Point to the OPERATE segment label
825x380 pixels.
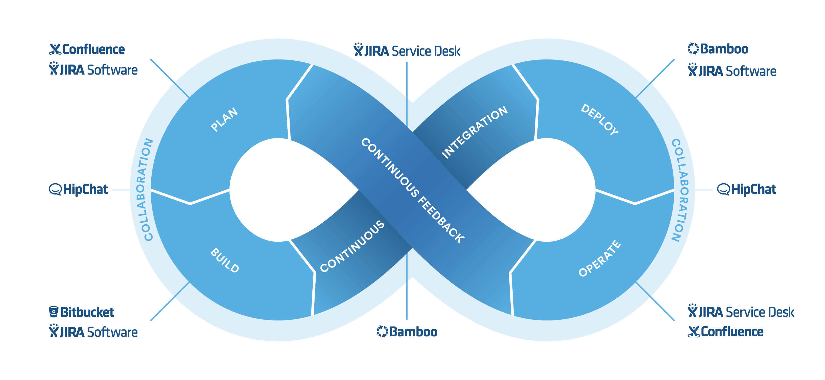tap(599, 258)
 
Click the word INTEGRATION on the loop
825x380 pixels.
tap(475, 132)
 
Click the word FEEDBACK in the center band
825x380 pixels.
tap(441, 220)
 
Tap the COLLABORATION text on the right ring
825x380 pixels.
tap(680, 190)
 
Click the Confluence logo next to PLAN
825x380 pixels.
tap(87, 49)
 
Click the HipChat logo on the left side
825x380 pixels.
tap(79, 189)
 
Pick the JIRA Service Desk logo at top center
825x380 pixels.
tap(407, 51)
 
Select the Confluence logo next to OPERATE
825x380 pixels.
tap(725, 332)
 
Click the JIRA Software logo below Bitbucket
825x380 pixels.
tap(93, 332)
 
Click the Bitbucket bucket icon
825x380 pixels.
tap(53, 312)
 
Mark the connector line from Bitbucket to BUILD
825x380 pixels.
tap(170, 301)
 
